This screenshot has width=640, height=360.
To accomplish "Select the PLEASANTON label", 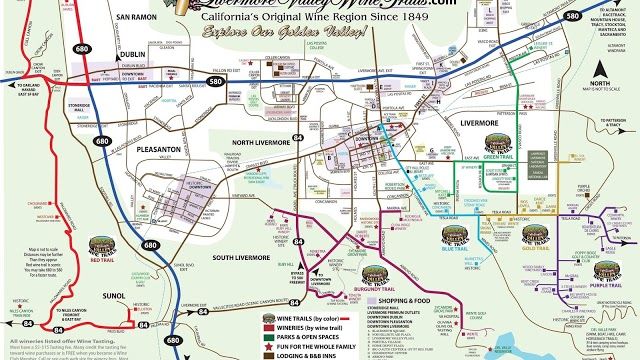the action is tap(157, 148).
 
